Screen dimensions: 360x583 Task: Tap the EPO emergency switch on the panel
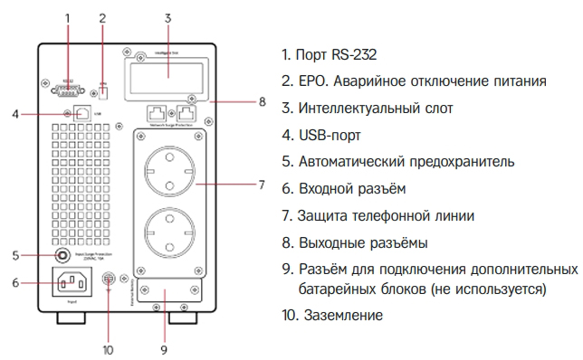point(102,90)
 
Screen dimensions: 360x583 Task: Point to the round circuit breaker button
point(63,255)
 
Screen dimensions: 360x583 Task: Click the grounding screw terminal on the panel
point(108,280)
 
